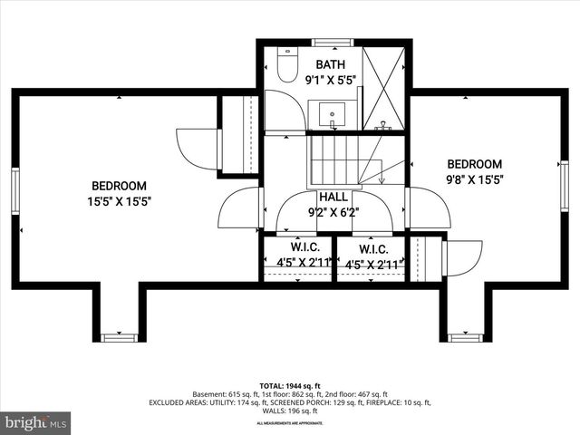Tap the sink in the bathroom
click(x=332, y=115)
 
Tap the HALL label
click(x=332, y=197)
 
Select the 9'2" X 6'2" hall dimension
click(x=332, y=213)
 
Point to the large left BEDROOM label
click(x=119, y=185)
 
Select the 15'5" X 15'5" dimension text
click(x=119, y=201)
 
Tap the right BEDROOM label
click(x=474, y=163)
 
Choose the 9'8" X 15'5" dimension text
click(x=474, y=179)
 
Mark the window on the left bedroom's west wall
click(x=14, y=191)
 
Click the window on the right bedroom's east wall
click(x=564, y=186)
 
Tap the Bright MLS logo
click(x=36, y=422)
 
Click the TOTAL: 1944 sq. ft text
click(x=290, y=385)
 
